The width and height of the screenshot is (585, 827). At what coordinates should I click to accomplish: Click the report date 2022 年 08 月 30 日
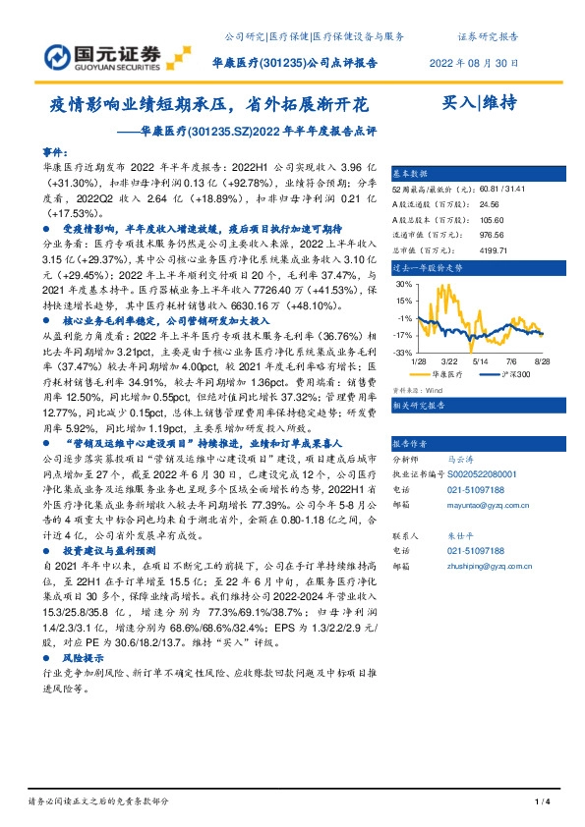coord(475,63)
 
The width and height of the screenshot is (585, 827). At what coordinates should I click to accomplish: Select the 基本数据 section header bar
coord(468,170)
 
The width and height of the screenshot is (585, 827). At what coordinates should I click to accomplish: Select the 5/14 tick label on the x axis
coord(479,362)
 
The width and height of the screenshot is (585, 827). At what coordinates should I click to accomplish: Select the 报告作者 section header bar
coord(468,443)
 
